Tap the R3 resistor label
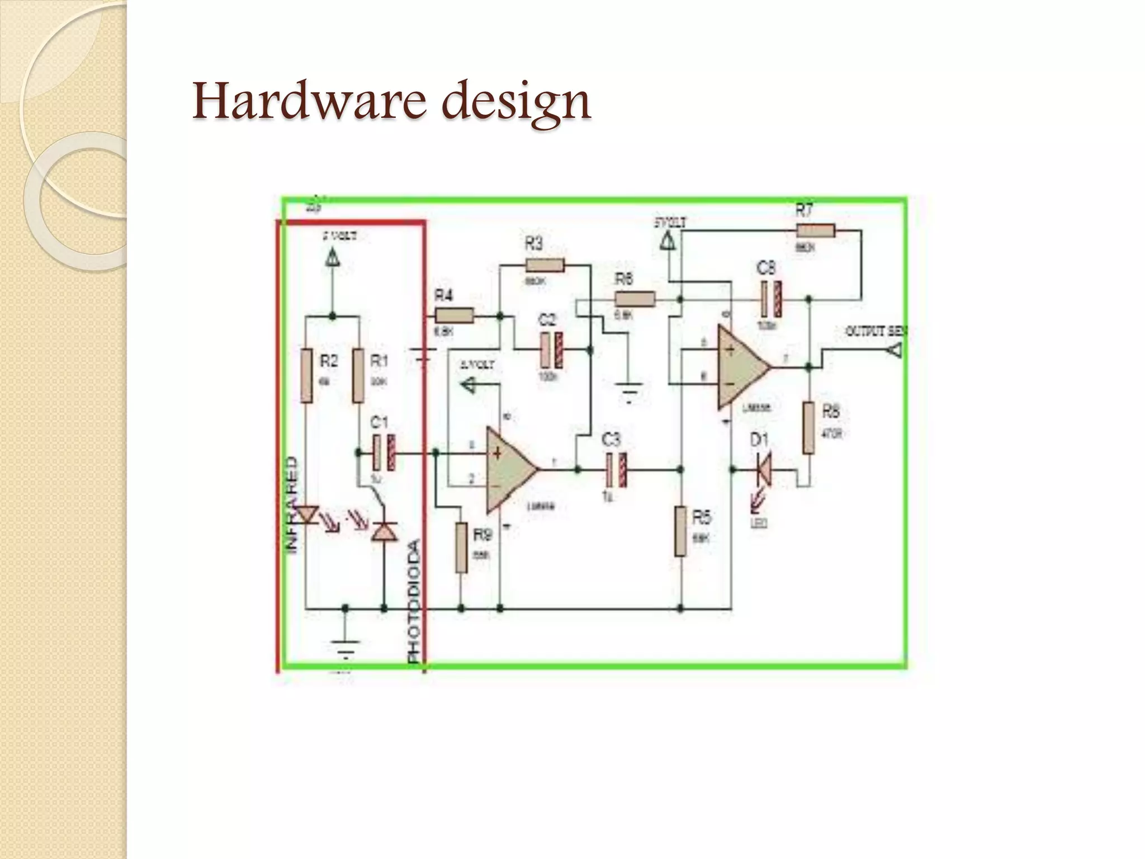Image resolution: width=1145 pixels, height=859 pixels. [534, 244]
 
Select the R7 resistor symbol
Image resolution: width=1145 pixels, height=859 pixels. [816, 230]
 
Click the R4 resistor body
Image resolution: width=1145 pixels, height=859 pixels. [455, 316]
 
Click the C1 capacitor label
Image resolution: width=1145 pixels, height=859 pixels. [380, 422]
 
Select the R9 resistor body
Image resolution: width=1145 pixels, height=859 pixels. [461, 548]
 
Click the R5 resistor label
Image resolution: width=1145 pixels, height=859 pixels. [701, 518]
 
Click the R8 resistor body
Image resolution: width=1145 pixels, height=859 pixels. [808, 427]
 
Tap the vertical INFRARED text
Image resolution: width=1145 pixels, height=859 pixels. [292, 506]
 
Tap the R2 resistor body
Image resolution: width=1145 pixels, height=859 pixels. [306, 376]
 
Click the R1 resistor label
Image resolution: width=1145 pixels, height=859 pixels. [380, 362]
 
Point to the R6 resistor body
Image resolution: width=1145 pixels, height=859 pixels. [635, 299]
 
